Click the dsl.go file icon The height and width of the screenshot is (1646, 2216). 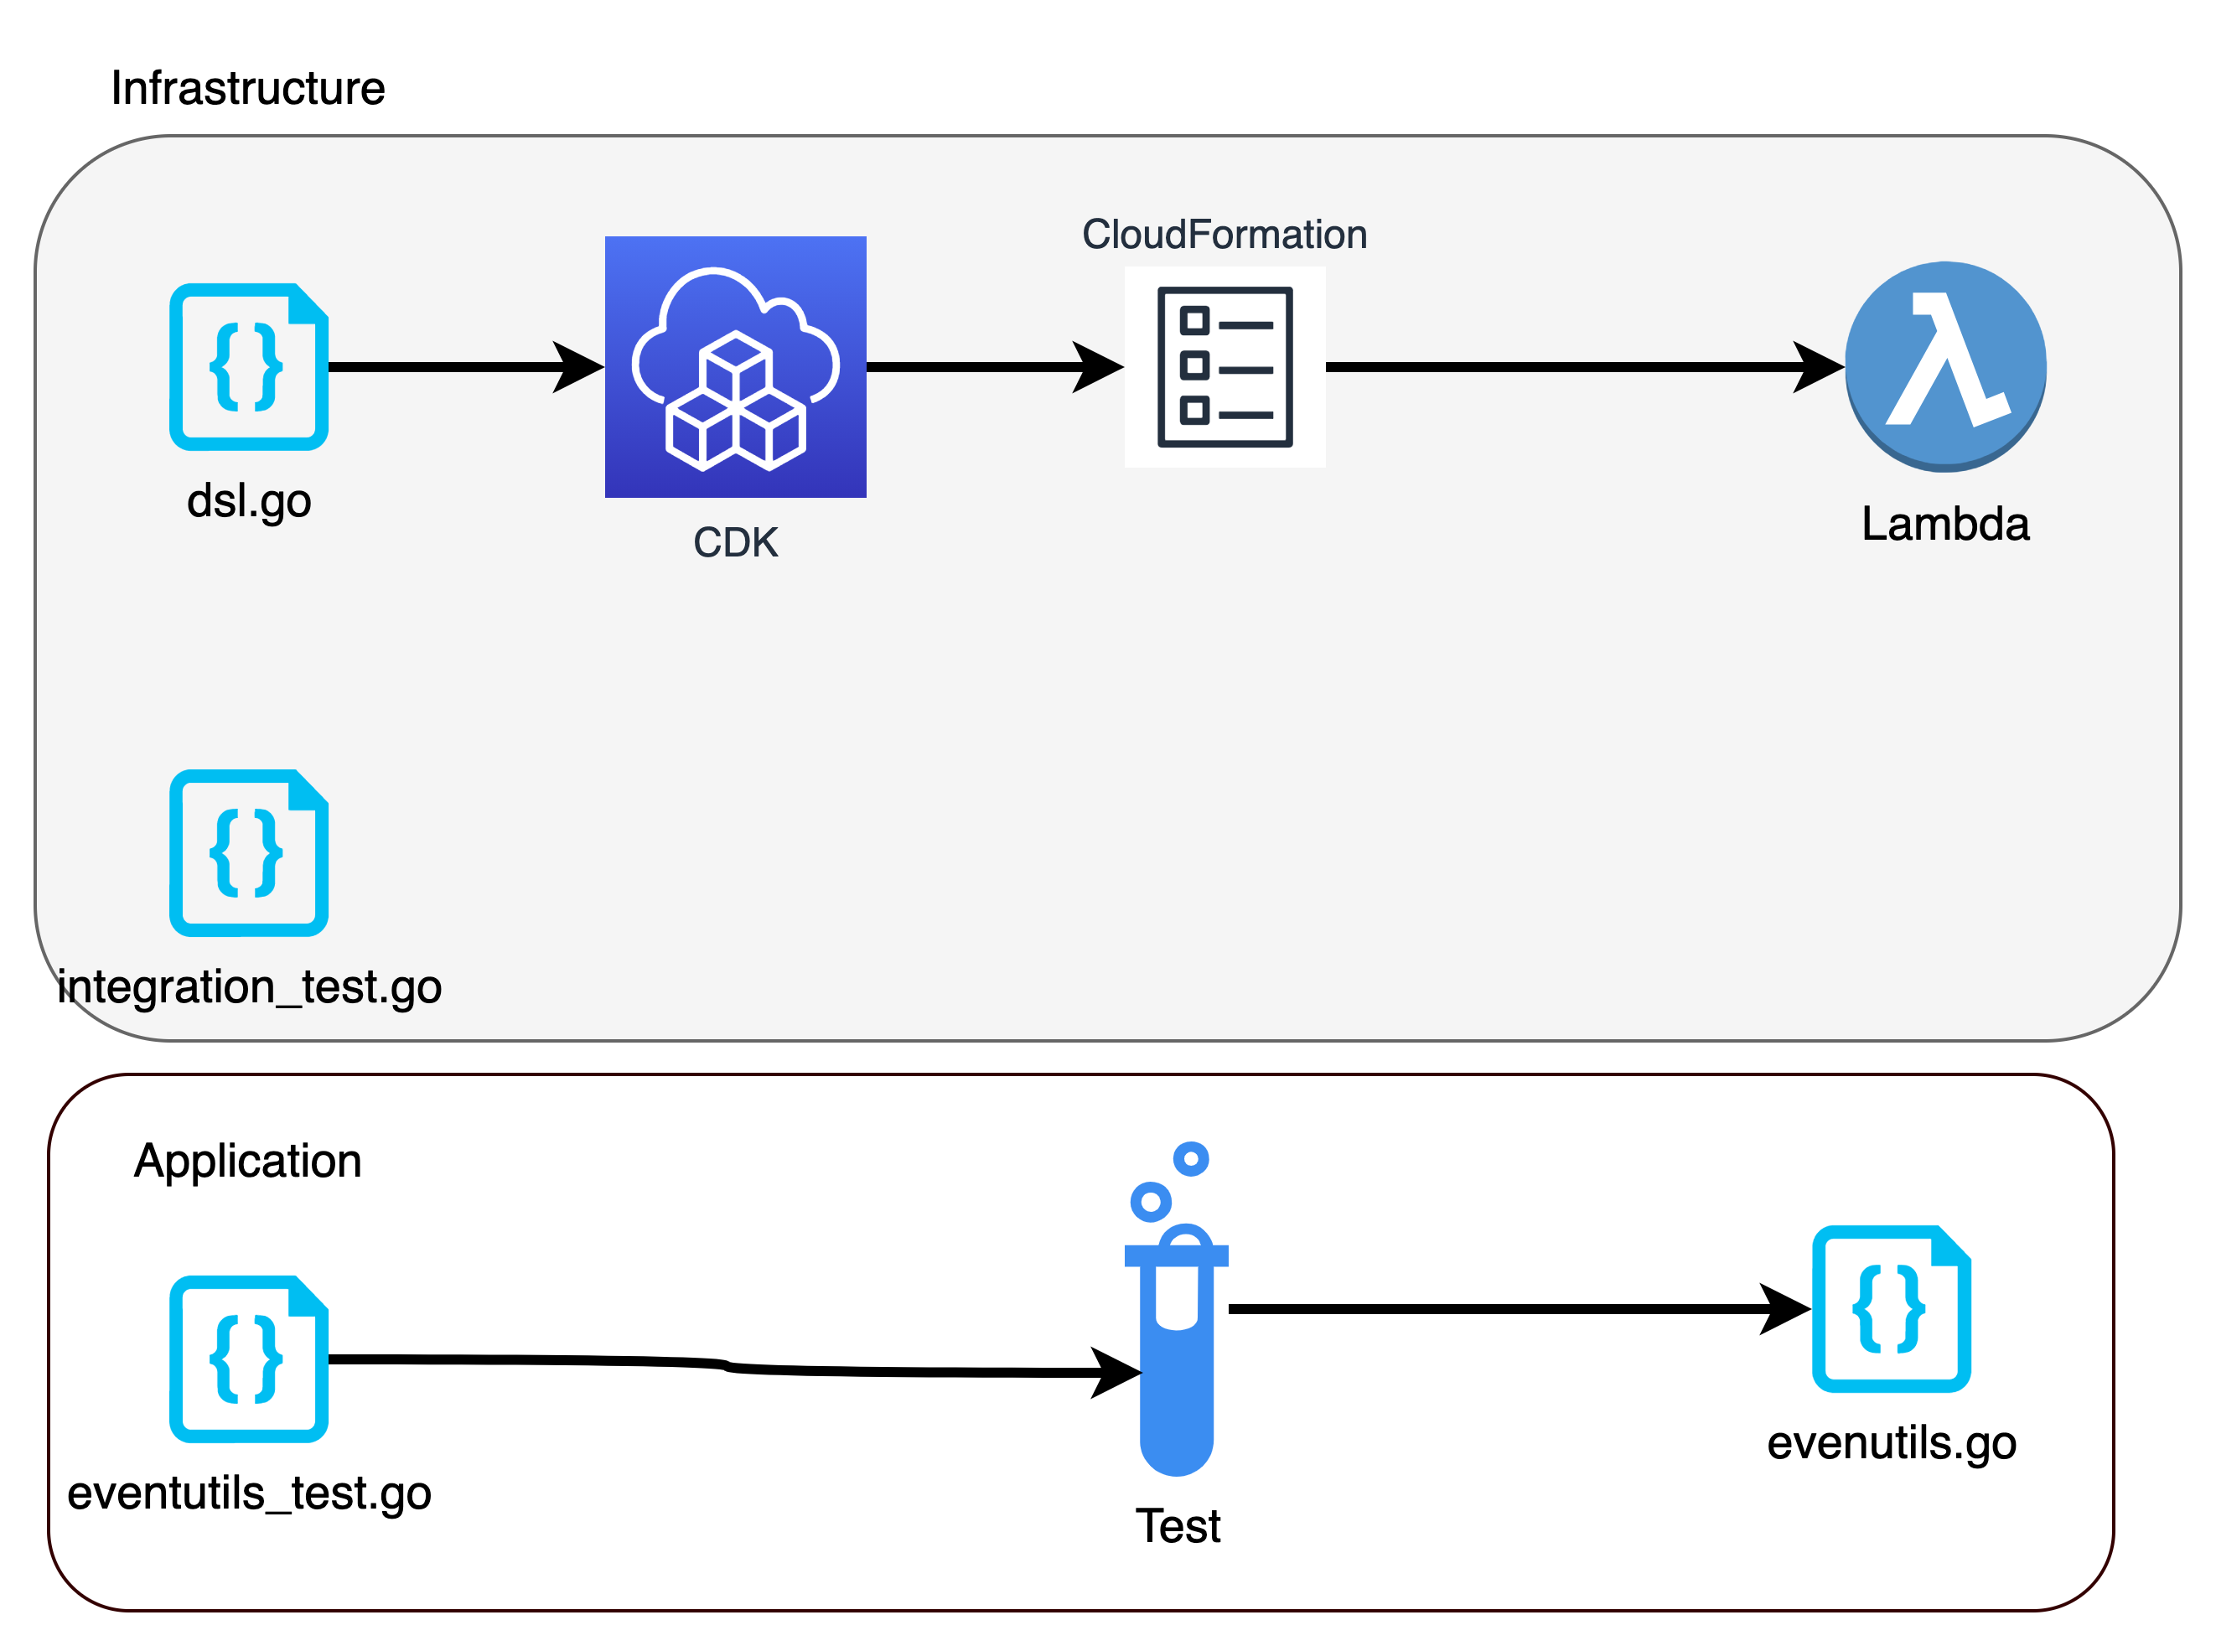[248, 367]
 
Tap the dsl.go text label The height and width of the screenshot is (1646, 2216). [249, 501]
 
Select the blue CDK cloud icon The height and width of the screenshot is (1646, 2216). [735, 367]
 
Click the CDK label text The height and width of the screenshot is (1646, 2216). [735, 543]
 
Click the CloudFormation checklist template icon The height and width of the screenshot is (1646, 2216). [1224, 367]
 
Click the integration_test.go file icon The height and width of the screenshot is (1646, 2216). [248, 853]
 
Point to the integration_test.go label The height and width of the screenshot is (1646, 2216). [249, 987]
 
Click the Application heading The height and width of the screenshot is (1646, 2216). [247, 1162]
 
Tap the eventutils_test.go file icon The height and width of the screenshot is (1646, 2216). [248, 1359]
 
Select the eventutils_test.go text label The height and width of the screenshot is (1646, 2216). [249, 1493]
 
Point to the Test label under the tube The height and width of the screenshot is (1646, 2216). [1178, 1526]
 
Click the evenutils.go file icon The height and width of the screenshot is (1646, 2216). [1890, 1308]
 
